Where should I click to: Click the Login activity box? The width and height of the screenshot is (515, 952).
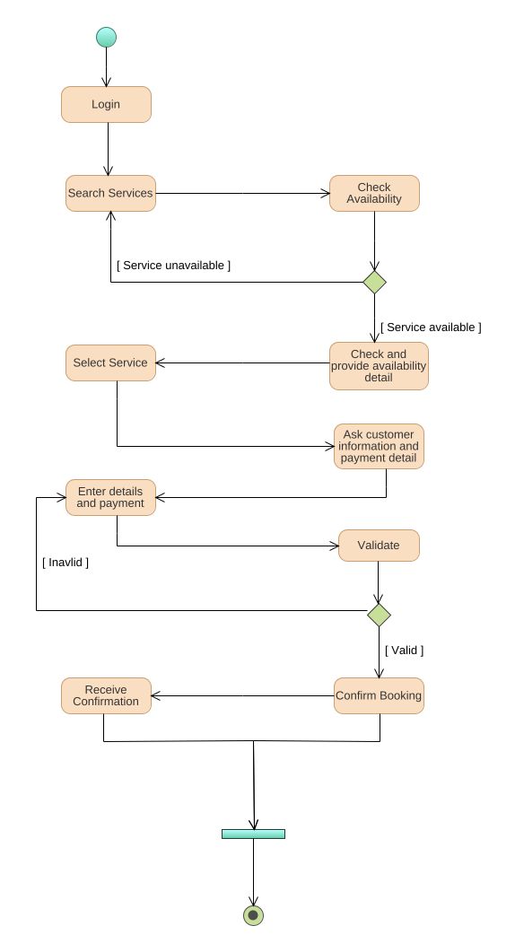106,104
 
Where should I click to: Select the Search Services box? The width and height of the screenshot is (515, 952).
110,193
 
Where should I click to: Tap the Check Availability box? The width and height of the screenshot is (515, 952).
374,193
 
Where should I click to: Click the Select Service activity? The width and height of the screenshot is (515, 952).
110,362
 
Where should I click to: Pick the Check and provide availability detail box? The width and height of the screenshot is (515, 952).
379,365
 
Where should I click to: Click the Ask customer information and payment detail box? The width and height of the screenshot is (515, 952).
379,446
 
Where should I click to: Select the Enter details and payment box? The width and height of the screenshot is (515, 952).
110,497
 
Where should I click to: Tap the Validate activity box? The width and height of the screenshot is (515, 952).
379,546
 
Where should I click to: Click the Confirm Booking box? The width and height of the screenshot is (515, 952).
379,695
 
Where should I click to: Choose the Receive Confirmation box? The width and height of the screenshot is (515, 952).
106,695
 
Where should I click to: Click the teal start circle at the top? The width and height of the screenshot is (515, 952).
106,37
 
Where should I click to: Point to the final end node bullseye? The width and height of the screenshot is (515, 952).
253,914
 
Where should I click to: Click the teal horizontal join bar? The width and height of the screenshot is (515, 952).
253,834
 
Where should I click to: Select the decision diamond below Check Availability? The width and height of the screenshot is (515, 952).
374,282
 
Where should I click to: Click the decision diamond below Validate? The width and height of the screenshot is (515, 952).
379,615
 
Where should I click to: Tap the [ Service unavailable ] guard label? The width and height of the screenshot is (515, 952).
173,266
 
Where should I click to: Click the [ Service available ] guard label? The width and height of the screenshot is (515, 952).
431,328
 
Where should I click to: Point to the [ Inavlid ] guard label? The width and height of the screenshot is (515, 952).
65,563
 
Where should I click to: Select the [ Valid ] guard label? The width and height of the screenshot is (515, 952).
404,650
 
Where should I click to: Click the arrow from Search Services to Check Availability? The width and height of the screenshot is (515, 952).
242,193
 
